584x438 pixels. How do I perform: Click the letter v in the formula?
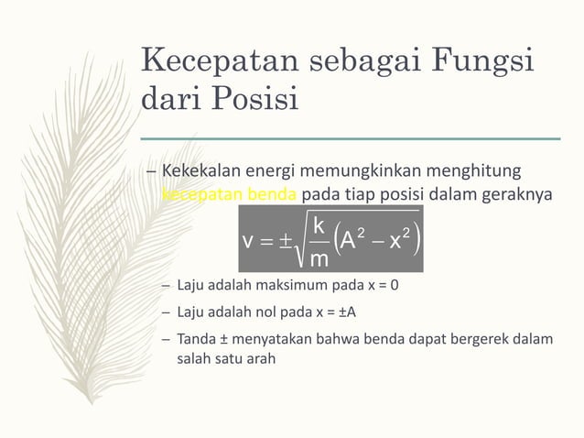tap(248, 241)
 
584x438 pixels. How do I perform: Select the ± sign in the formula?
tap(286, 241)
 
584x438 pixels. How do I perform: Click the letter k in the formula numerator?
tap(317, 225)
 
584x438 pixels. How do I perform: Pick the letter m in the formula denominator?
tap(317, 260)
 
